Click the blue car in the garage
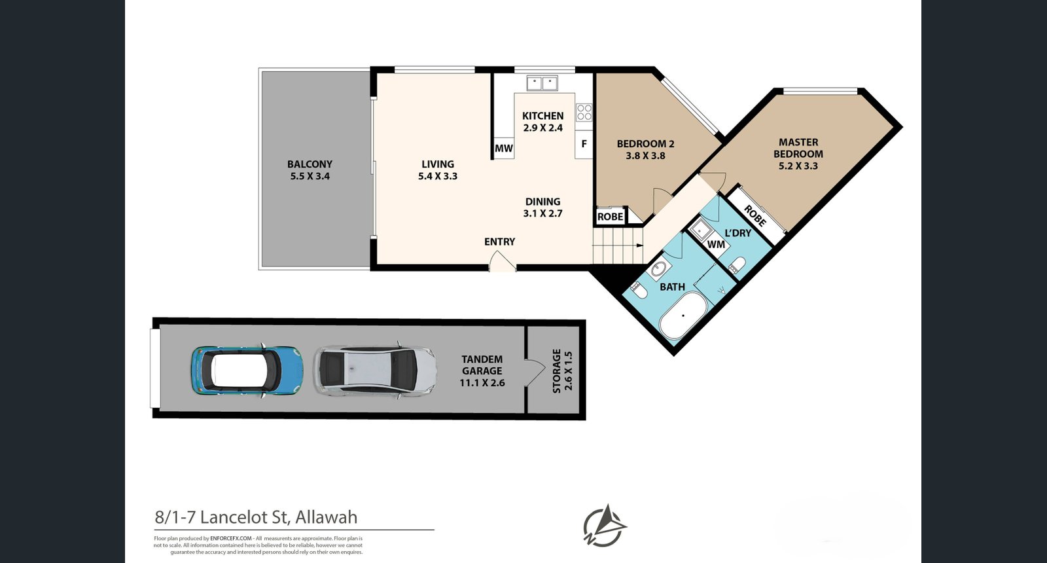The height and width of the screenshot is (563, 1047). [x=247, y=370]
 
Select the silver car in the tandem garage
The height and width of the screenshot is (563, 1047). [x=374, y=371]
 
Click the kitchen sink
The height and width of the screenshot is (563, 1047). [x=542, y=83]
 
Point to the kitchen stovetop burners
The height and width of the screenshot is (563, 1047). [x=584, y=112]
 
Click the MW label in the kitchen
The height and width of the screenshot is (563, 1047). [x=503, y=149]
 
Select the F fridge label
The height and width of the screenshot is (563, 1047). [x=584, y=144]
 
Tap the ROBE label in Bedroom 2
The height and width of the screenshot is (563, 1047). [x=610, y=217]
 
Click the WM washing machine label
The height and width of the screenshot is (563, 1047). [x=717, y=244]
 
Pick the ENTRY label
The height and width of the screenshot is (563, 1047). [x=499, y=242]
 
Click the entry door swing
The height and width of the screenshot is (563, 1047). [x=502, y=263]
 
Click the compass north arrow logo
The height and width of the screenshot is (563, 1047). [x=605, y=525]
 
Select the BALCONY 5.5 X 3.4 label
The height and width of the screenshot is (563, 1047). [x=310, y=170]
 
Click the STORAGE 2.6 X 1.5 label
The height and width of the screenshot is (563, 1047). [x=562, y=371]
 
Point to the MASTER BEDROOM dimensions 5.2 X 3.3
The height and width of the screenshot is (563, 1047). [x=798, y=166]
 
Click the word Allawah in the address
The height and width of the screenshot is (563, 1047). [x=327, y=517]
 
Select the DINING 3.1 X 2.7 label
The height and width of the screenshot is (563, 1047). [x=542, y=208]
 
